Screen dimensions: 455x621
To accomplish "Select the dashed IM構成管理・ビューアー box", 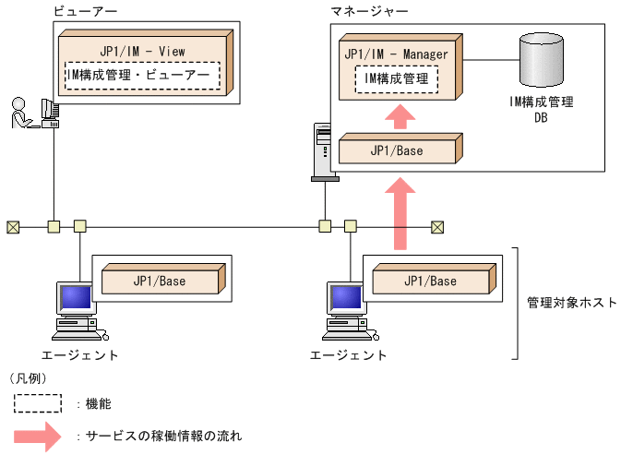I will click(142, 75).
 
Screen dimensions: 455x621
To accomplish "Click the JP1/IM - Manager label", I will click(396, 54).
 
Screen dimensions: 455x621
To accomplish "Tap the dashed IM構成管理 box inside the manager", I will click(396, 79).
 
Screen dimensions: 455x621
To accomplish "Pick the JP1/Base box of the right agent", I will click(429, 281).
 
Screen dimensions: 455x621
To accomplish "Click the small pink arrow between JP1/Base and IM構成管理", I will click(399, 116).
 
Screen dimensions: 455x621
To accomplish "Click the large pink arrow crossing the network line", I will click(399, 214).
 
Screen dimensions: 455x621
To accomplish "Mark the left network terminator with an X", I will click(12, 226).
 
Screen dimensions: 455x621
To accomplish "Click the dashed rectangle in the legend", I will click(38, 403).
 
